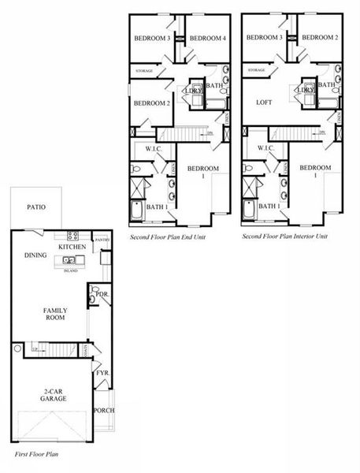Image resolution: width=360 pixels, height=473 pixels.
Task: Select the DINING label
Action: pos(36,255)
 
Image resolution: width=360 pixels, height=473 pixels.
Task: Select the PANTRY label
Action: pos(101,240)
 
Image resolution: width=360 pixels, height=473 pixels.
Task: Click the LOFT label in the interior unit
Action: pos(264,102)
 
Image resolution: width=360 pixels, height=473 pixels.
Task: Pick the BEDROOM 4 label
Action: pos(208,38)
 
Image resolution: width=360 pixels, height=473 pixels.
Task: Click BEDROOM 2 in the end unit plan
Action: pos(151,103)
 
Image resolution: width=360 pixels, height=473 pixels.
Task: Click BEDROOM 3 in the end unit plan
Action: pos(152,38)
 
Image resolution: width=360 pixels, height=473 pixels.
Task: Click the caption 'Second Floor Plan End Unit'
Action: pos(169,236)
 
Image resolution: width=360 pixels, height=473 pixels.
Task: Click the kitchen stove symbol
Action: pos(72,236)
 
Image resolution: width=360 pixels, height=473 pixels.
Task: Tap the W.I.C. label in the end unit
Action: pos(154,148)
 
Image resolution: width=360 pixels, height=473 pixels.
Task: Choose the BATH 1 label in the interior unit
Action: pos(269,206)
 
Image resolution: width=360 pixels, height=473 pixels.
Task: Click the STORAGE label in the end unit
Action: pos(144,71)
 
